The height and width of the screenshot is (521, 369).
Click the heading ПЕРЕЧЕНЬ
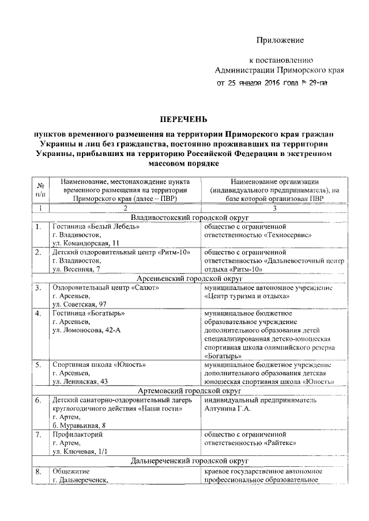click(x=183, y=119)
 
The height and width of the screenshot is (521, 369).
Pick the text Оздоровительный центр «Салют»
click(x=103, y=287)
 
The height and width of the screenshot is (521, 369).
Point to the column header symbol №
click(x=41, y=185)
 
